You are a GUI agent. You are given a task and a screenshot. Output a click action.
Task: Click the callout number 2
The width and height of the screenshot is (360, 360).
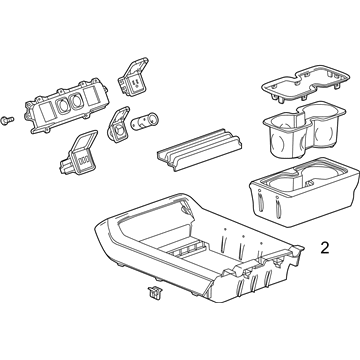[325, 248]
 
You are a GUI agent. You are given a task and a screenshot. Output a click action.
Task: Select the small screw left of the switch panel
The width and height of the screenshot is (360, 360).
[7, 120]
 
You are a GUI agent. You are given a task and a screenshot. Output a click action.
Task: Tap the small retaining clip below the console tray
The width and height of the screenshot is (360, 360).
[154, 292]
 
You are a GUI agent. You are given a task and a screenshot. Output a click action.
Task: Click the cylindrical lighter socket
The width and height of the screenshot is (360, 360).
[144, 121]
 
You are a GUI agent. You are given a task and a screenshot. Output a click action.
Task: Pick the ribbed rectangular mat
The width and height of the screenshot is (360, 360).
[199, 150]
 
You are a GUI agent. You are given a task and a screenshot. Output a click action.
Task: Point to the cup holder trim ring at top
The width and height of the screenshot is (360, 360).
[305, 83]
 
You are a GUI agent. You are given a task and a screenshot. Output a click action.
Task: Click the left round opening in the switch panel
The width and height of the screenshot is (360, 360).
[63, 105]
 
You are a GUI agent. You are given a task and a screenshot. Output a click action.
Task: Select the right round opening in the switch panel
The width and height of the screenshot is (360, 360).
[77, 101]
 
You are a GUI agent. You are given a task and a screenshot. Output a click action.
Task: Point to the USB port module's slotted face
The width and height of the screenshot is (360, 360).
[83, 161]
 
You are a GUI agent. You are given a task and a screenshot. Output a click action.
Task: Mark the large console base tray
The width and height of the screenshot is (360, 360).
[199, 247]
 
